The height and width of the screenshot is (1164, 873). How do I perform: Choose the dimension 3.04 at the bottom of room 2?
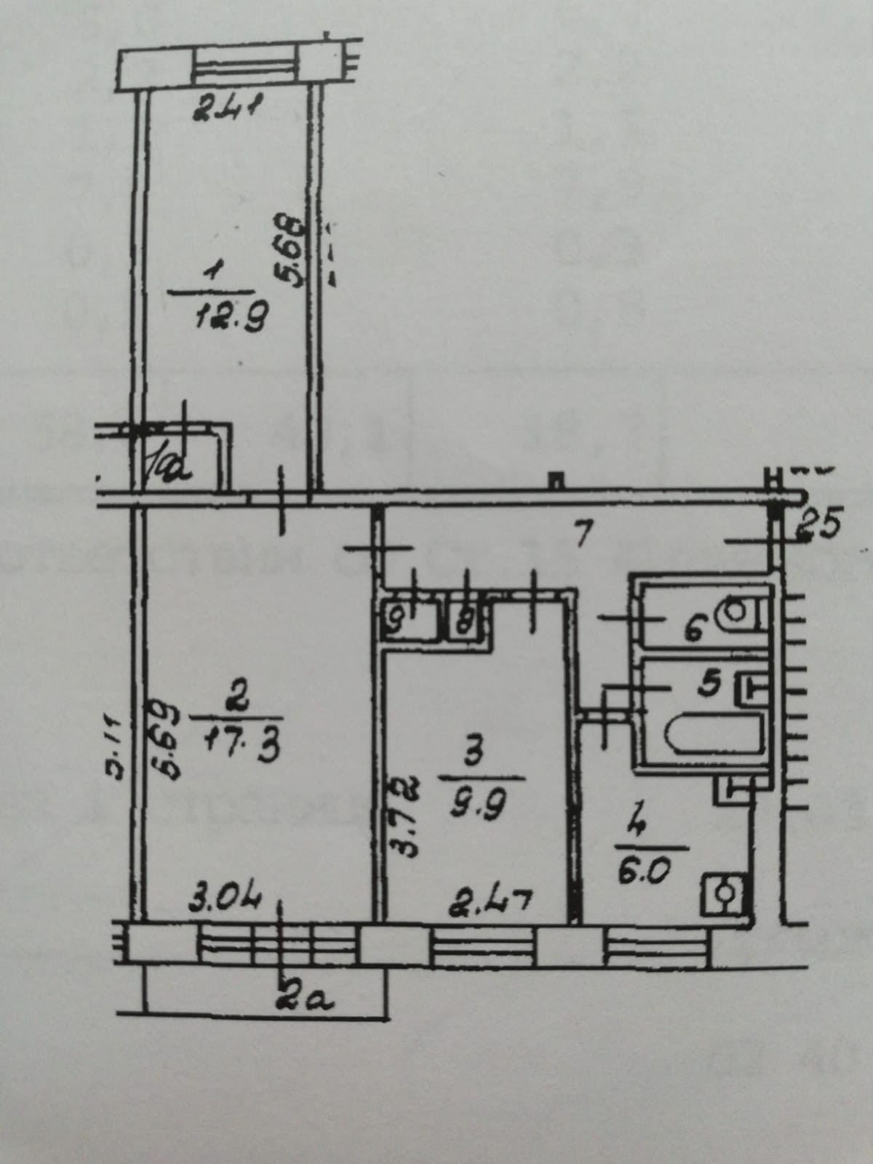coord(223,903)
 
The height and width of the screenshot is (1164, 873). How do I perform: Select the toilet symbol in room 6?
coord(739,613)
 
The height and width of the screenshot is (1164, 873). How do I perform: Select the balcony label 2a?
coord(303,1000)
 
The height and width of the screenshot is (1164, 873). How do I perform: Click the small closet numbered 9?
coord(399,621)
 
